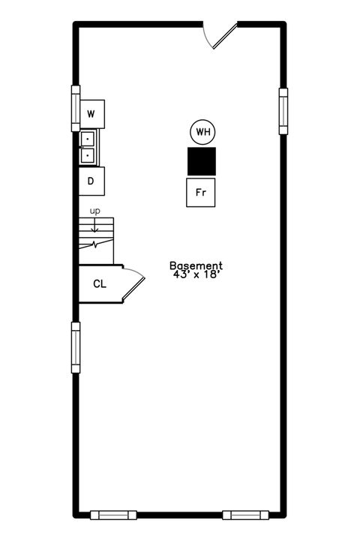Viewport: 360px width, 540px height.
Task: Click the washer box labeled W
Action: click(91, 114)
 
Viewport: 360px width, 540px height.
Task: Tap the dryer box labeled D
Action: click(91, 181)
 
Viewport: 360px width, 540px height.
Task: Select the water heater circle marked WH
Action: click(202, 133)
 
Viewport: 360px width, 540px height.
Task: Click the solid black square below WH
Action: click(201, 161)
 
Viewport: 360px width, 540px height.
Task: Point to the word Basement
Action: click(196, 265)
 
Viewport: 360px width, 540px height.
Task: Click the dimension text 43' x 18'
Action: click(196, 275)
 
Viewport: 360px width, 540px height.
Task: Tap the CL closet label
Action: click(100, 284)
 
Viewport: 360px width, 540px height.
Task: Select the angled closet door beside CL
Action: click(133, 286)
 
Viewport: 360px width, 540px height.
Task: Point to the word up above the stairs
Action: click(95, 211)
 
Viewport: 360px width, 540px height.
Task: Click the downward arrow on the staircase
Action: click(95, 223)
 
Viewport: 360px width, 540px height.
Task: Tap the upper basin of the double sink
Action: click(88, 139)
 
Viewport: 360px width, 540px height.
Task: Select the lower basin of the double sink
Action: click(88, 155)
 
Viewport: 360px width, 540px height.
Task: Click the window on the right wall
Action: click(283, 111)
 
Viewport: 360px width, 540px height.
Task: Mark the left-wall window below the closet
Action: click(75, 346)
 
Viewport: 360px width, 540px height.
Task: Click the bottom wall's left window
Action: click(114, 514)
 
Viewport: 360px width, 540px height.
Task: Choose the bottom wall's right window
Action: click(247, 514)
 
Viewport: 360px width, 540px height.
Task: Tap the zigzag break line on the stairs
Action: click(95, 244)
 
